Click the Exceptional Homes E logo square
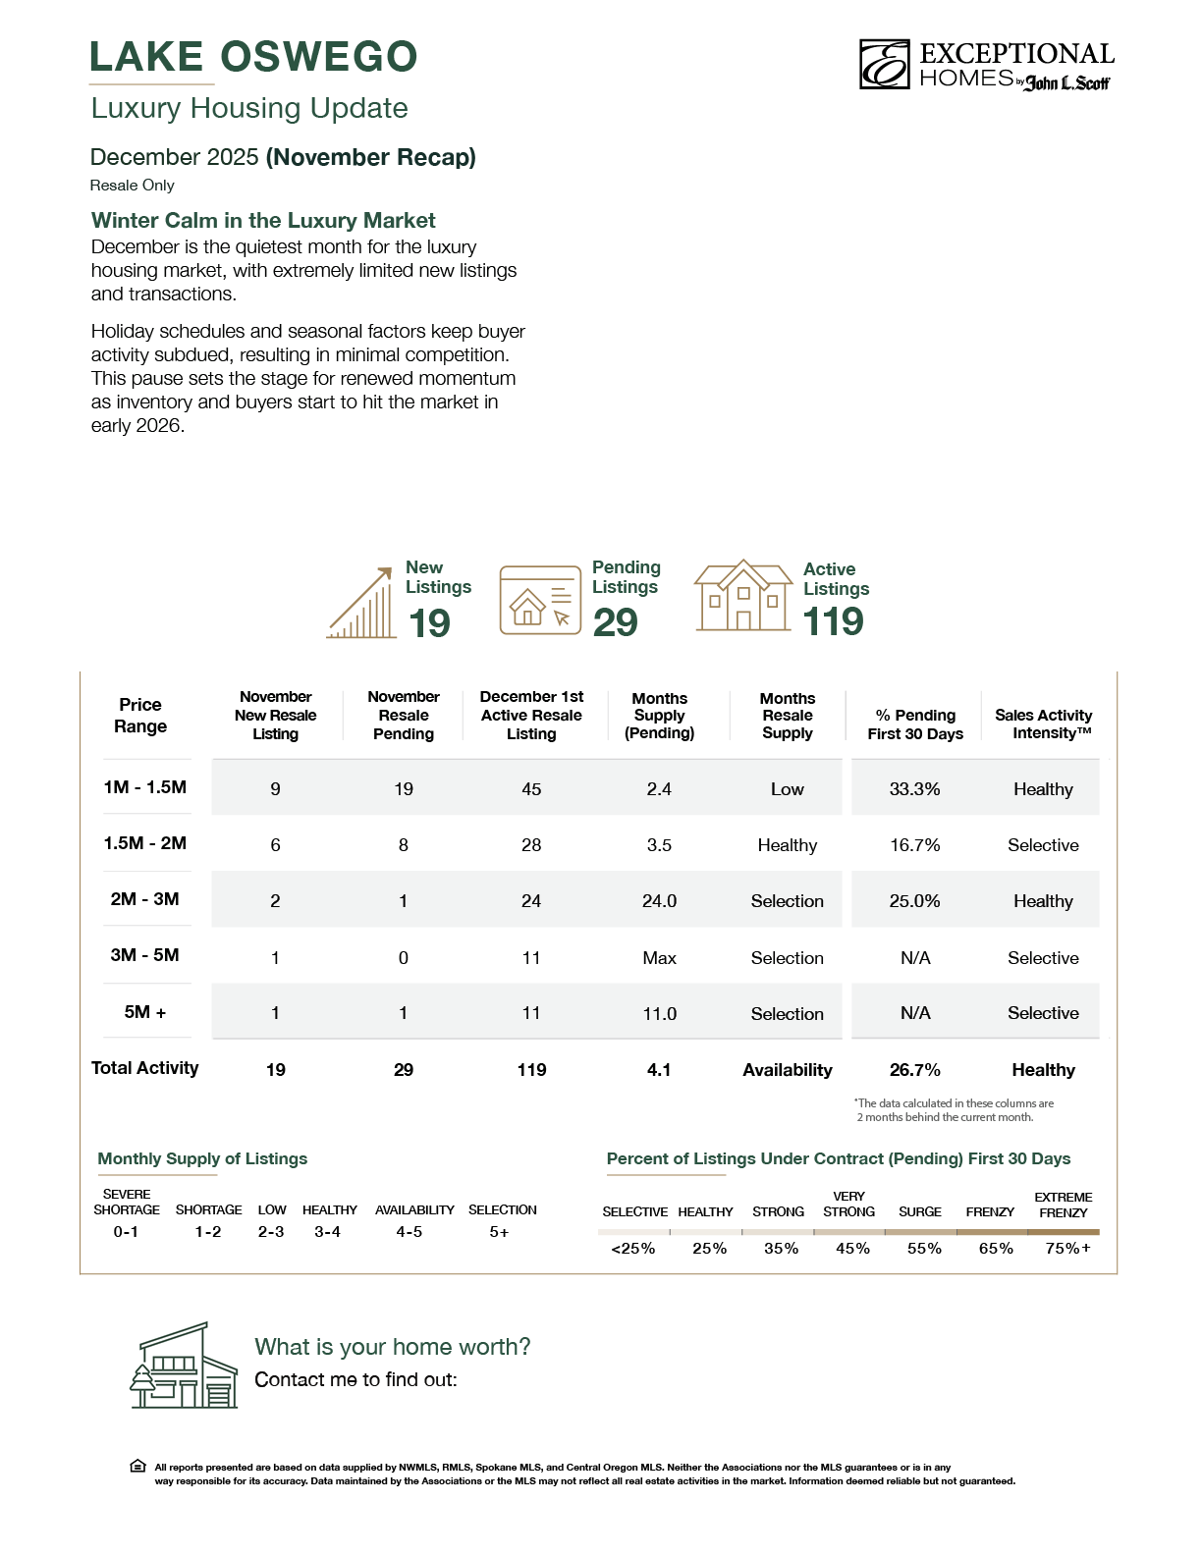coord(885,65)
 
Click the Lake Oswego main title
coord(253,57)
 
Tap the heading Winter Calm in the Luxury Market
coord(263,221)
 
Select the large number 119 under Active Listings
coord(833,621)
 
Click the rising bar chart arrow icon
coord(361,604)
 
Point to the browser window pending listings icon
coord(540,600)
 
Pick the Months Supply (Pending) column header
coord(659,716)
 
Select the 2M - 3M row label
coord(145,899)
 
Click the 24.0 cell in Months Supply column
coord(659,901)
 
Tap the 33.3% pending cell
coord(914,789)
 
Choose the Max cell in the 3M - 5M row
coord(659,958)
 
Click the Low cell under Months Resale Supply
coord(787,789)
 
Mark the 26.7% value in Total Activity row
coord(914,1070)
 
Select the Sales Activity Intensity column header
coord(1043,724)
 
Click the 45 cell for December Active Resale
coord(531,789)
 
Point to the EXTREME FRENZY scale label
coord(1064,1205)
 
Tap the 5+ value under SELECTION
coord(499,1232)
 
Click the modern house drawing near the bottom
coord(185,1366)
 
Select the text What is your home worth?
coord(393,1347)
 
